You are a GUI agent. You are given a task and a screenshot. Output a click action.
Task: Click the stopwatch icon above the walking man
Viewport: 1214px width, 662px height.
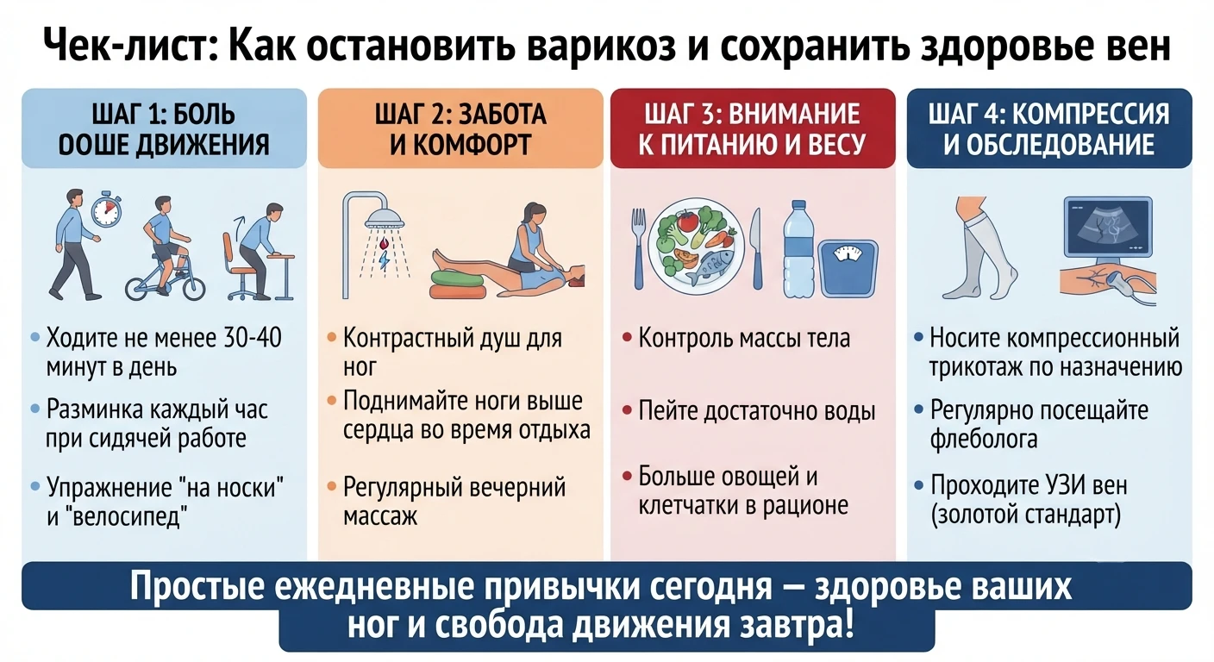click(x=106, y=210)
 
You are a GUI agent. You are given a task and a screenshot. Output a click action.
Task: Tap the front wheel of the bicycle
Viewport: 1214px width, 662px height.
click(x=187, y=282)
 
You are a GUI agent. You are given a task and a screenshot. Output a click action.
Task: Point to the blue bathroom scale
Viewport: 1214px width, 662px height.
click(x=848, y=269)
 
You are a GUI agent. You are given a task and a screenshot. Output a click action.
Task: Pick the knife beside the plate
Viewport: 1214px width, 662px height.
click(x=756, y=248)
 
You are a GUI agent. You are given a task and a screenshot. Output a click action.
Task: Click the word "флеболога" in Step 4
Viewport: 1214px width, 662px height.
click(x=984, y=439)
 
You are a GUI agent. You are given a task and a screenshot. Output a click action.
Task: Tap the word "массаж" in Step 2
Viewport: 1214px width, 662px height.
click(x=380, y=516)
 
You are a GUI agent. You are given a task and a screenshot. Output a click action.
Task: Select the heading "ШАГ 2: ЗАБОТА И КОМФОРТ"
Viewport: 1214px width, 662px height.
click(x=460, y=129)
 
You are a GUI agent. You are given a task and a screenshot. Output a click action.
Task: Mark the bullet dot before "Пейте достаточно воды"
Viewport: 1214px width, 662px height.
click(x=627, y=411)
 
